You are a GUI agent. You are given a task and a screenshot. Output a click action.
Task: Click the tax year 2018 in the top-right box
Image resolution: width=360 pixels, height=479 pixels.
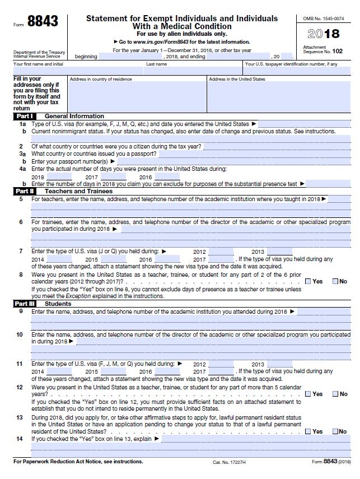[324, 34]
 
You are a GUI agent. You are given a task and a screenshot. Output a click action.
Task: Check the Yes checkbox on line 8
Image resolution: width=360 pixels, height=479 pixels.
[308, 281]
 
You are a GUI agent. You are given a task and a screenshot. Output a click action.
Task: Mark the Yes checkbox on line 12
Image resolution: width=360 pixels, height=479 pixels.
[308, 394]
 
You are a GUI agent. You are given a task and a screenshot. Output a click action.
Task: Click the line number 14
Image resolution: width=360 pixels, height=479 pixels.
[20, 439]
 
